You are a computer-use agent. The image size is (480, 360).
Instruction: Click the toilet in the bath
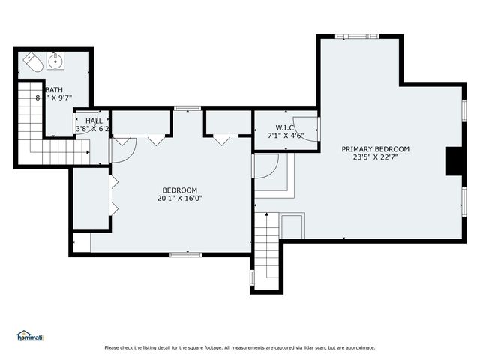(32, 63)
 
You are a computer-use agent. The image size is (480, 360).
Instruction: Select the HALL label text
(94, 121)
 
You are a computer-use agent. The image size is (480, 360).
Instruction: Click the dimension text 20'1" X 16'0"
(180, 199)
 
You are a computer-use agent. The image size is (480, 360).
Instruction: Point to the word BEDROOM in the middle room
(180, 190)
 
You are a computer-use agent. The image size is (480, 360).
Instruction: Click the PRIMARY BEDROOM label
(376, 148)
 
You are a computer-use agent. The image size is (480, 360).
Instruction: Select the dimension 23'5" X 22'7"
(376, 157)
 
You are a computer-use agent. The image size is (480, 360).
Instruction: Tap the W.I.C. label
(286, 127)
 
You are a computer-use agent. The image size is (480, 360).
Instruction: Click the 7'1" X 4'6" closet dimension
(286, 136)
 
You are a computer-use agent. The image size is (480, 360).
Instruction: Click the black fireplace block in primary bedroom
(454, 161)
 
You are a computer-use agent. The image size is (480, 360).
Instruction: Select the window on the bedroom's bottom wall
(184, 254)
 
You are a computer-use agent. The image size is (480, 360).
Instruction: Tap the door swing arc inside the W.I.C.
(307, 127)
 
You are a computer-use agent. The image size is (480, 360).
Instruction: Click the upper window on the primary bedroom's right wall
(464, 109)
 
